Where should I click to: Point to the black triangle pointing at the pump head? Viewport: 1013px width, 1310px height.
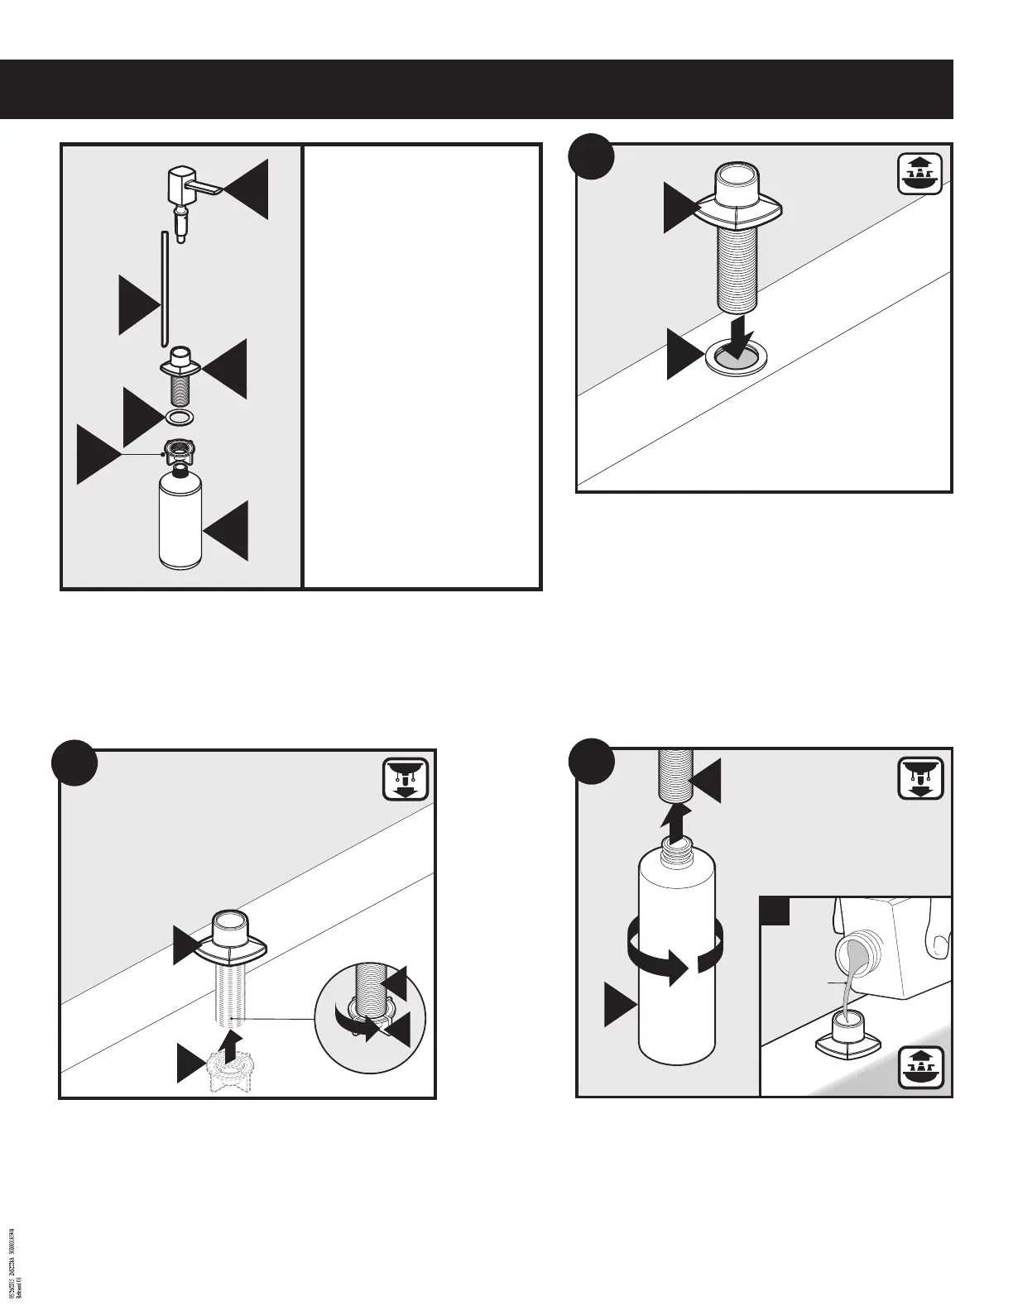pos(249,189)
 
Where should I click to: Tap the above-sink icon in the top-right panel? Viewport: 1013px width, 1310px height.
pos(921,172)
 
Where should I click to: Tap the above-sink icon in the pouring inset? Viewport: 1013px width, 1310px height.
pos(921,1069)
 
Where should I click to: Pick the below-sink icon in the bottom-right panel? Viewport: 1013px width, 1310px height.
pos(921,778)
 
